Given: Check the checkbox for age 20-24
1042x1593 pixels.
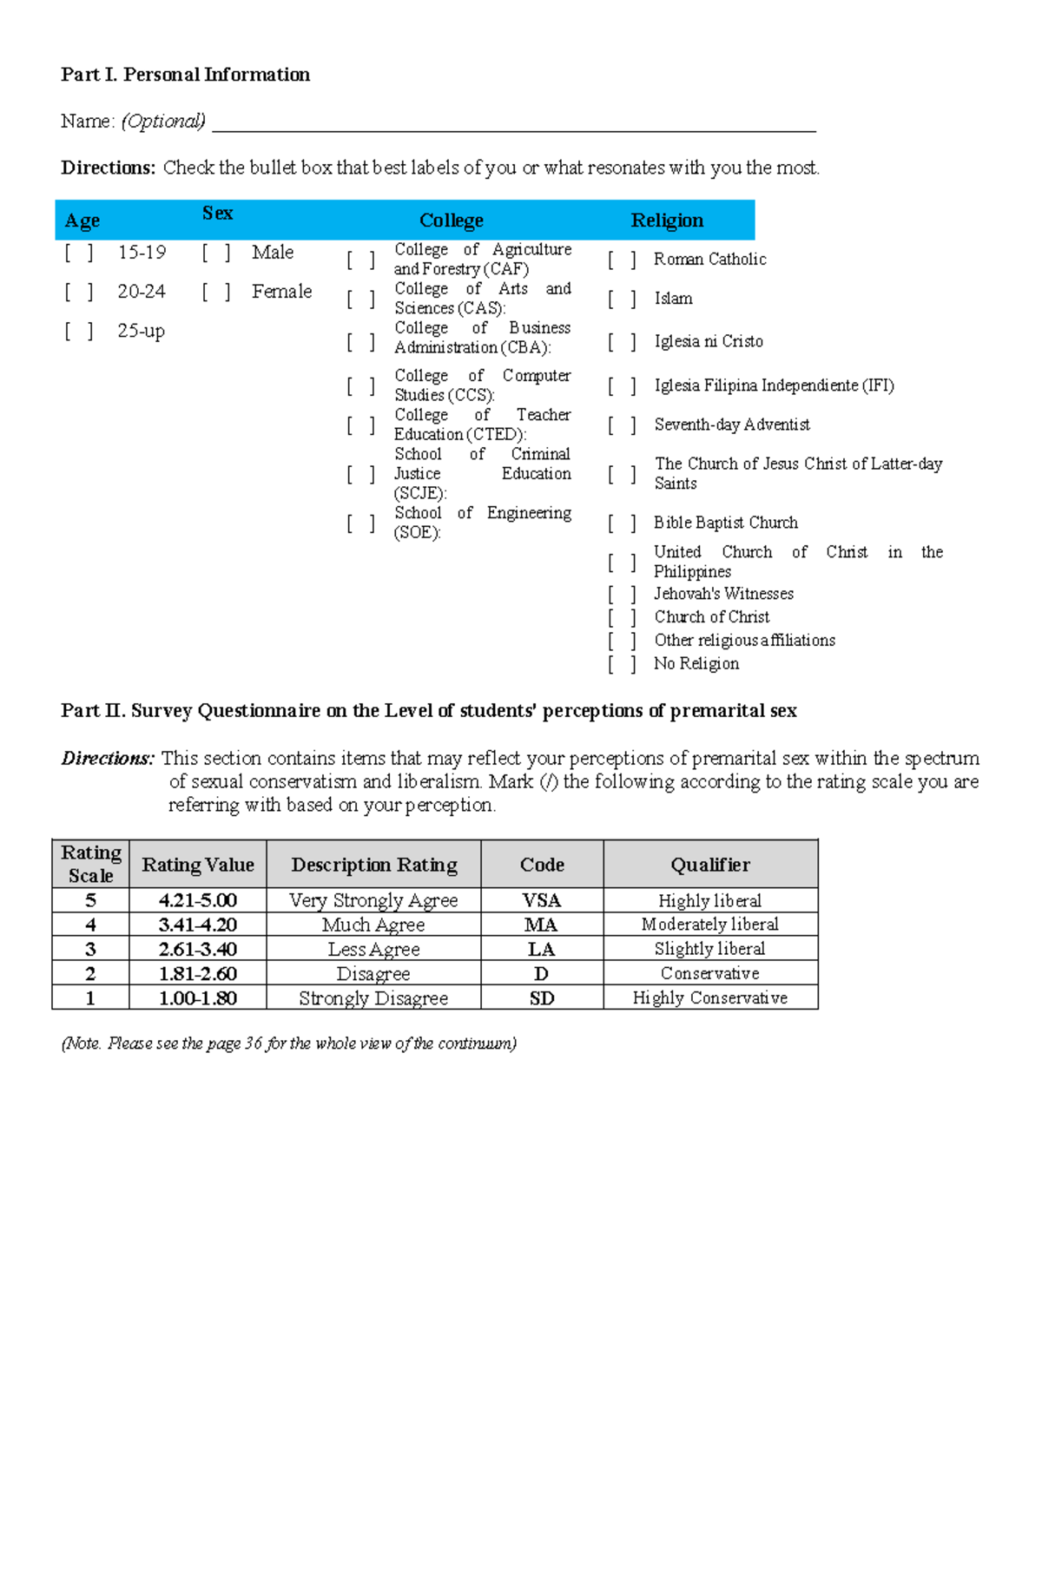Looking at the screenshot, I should coord(78,292).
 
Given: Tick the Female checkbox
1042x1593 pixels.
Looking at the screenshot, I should coord(216,292).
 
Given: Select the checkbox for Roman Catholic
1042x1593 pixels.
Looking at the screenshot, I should coord(622,260).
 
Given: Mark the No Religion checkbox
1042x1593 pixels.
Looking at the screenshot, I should coord(622,664).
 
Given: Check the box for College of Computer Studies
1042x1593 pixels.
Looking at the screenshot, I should coord(360,385).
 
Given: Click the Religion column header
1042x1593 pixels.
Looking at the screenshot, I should coord(667,221).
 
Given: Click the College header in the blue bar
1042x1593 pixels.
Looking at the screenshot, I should coord(451,221).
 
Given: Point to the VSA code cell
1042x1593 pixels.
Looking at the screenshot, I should coord(542,900).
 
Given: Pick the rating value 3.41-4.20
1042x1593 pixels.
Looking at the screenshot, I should coord(198,925).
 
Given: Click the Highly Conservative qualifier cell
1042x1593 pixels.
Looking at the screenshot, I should coord(710,997).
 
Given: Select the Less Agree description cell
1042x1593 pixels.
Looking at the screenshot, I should coord(373,949).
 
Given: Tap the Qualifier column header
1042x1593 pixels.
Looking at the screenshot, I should coord(710,865).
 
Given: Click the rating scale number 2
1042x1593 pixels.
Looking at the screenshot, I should coord(90,973).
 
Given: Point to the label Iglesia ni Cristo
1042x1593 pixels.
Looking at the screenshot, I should coord(709,341).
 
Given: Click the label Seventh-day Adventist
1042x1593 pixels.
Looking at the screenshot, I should coord(732,425).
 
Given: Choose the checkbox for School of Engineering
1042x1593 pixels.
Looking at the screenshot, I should coord(360,523).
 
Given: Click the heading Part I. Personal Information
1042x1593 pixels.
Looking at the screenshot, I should coord(185,75).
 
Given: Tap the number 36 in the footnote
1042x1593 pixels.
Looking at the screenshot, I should coord(254,1043).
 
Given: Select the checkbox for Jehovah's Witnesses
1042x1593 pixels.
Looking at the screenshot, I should coord(622,594).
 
